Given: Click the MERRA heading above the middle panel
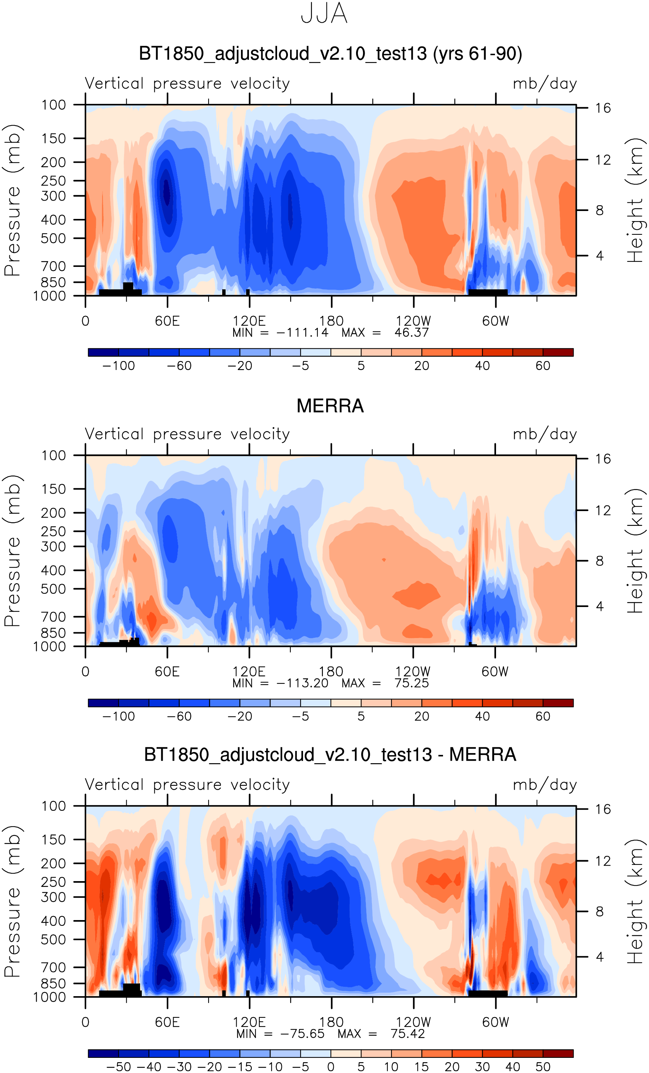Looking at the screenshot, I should coord(330,406).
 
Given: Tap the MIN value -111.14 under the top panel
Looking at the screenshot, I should coord(302,333).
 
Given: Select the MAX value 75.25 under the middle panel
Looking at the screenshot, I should coord(412,683).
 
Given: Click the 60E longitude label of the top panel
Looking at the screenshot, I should coord(167,321).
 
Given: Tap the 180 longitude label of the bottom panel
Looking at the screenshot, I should coord(331,1022).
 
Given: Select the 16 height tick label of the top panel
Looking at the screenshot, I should coord(603,108).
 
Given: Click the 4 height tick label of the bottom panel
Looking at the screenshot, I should coord(600,957).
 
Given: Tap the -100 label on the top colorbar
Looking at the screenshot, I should coord(118,366).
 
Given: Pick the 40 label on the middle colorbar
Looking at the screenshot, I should coord(482,716).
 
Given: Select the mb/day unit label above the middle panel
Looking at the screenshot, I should coord(544,434).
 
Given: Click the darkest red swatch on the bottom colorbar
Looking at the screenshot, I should coord(558,1054).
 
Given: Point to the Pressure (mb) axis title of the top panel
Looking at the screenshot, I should coord(12,200).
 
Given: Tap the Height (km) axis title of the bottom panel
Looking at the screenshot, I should coord(635,901).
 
